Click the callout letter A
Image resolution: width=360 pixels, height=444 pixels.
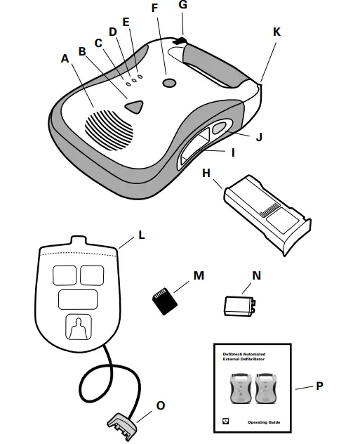click(x=65, y=59)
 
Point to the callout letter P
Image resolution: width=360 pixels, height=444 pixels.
click(x=320, y=386)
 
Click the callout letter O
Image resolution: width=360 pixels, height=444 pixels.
click(x=161, y=405)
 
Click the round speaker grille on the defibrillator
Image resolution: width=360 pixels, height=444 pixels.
click(x=109, y=128)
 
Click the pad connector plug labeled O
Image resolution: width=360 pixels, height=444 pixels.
click(x=124, y=424)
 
